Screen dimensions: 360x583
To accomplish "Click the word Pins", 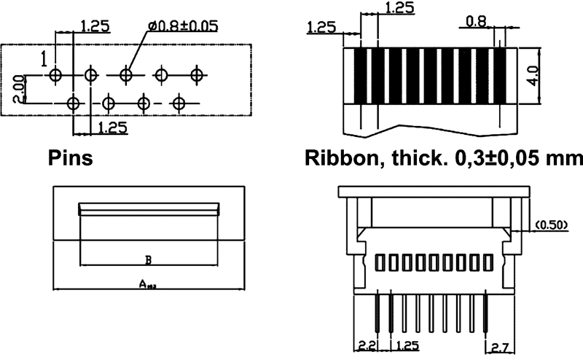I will (70, 158).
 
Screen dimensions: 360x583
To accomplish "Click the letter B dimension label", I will (148, 259).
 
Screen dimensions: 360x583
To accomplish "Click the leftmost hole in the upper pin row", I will (56, 74).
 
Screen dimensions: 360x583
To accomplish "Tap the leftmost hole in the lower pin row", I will (74, 103).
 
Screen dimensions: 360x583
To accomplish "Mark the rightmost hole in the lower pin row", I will (179, 103).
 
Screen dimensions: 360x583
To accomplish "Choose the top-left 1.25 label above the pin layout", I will (95, 26).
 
